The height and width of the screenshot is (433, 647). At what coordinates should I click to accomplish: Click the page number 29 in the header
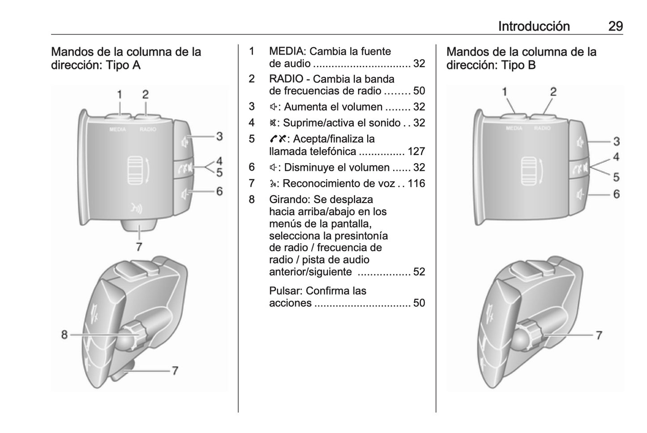click(615, 26)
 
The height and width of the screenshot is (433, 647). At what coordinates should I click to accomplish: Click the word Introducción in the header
click(534, 26)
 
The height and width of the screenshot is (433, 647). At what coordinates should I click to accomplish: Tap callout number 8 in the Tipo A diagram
click(64, 334)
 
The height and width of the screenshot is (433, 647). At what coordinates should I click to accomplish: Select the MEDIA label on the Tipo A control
click(117, 129)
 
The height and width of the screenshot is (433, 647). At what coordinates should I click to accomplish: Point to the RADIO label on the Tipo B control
click(542, 128)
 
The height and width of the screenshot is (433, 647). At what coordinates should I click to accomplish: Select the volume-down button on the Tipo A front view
click(184, 194)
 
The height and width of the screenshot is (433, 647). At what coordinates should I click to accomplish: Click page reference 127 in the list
click(416, 151)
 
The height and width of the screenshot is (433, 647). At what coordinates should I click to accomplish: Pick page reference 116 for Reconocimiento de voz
click(416, 183)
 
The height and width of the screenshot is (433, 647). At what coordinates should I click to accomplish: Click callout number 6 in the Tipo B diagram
click(617, 194)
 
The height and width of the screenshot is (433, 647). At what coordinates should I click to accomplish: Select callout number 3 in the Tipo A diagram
click(219, 136)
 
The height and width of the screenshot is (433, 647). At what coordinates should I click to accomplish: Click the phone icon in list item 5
click(274, 139)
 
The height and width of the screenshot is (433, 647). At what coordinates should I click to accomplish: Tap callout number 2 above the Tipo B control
click(553, 92)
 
